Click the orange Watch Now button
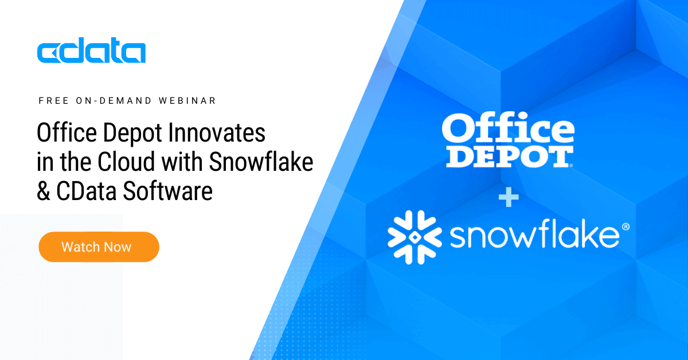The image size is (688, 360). click(99, 247)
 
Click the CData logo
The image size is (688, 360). click(91, 50)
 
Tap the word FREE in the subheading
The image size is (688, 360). click(54, 101)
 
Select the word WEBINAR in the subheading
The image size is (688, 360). click(187, 101)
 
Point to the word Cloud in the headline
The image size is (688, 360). click(126, 162)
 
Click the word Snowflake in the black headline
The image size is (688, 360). click(261, 162)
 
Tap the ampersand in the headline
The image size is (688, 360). click(44, 191)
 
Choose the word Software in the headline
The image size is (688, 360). click(167, 191)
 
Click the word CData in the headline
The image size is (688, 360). click(87, 191)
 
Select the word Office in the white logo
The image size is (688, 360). click(508, 129)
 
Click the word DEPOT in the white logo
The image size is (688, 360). click(510, 157)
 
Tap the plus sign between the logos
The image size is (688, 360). click(509, 197)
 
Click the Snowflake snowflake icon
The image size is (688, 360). click(415, 237)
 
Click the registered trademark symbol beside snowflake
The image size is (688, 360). click(626, 226)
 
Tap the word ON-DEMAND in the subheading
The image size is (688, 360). click(114, 101)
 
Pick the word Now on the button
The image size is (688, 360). click(118, 247)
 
